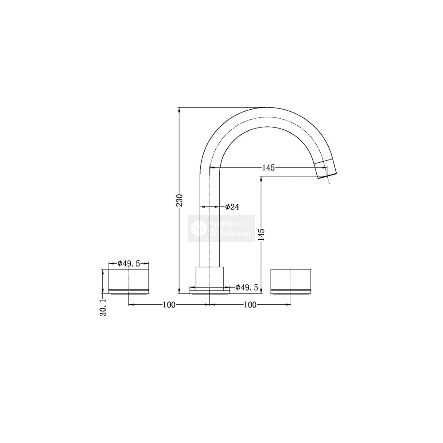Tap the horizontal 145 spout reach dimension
(x=268, y=167)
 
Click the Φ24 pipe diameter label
(x=232, y=207)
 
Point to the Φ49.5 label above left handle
(x=129, y=264)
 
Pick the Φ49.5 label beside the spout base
(x=247, y=288)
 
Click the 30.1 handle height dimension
(x=103, y=307)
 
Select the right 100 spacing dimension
(x=250, y=305)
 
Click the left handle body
(x=129, y=279)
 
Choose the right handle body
(x=291, y=279)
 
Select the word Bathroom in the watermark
(x=236, y=233)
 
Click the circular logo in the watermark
(x=196, y=229)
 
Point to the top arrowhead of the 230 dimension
(x=179, y=109)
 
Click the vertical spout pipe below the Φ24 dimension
(x=210, y=239)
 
